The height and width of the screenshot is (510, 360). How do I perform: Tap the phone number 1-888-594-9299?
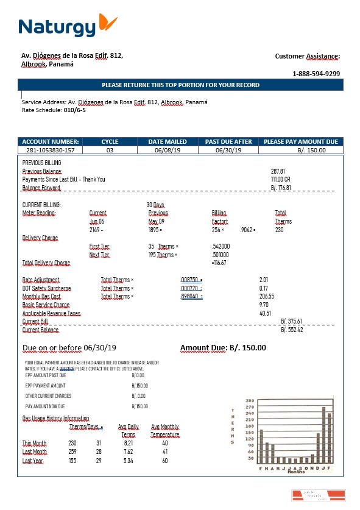[x=316, y=74]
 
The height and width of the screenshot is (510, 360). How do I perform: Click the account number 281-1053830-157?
[x=51, y=150]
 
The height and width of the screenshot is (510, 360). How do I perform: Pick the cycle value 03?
[x=110, y=150]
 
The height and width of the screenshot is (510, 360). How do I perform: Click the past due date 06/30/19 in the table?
[x=228, y=150]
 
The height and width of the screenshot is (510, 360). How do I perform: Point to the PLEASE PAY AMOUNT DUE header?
[x=300, y=142]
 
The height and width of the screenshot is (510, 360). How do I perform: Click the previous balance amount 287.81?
[x=278, y=172]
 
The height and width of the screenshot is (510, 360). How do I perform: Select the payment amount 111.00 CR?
[x=280, y=180]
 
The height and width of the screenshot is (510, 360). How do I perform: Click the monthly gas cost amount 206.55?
[x=267, y=296]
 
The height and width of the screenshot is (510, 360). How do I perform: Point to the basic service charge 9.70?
[x=264, y=304]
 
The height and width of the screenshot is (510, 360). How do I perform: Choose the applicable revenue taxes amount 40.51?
[x=266, y=313]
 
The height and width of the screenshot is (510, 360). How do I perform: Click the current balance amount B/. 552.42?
[x=292, y=330]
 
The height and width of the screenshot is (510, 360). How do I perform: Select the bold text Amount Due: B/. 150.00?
[x=223, y=348]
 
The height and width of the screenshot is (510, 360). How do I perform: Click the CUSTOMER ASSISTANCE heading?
[x=307, y=56]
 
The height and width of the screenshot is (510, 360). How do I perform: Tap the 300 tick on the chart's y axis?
[x=249, y=400]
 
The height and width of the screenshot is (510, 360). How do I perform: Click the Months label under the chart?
[x=296, y=472]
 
